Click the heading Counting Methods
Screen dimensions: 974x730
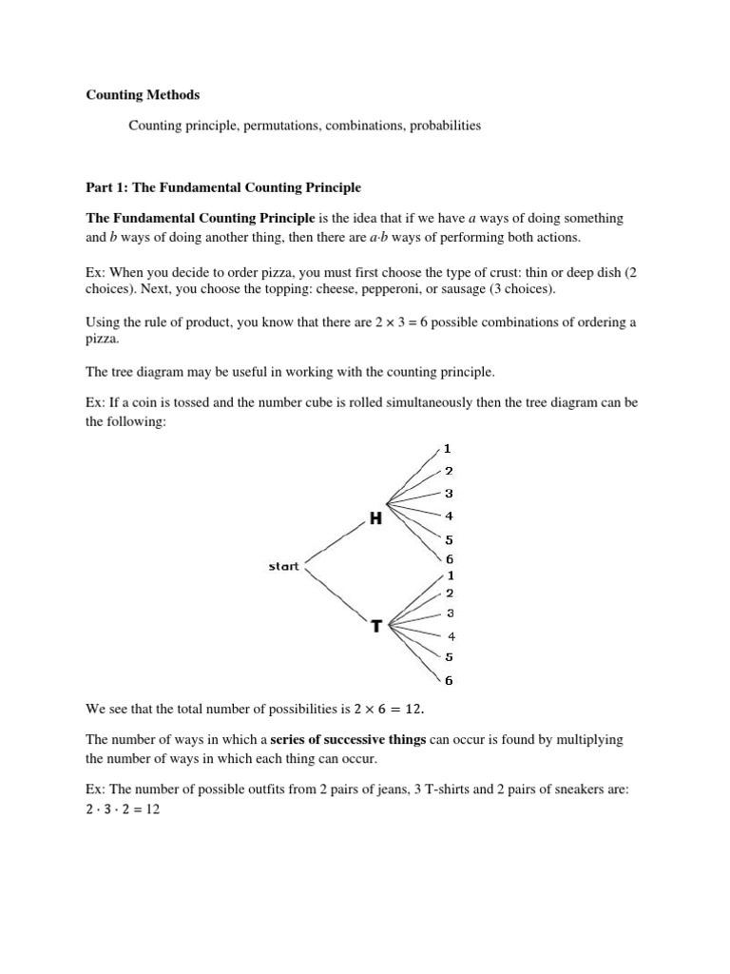[144, 95]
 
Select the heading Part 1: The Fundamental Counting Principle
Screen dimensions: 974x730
[223, 187]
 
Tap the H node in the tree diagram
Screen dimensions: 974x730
[375, 517]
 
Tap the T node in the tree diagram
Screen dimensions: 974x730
[376, 626]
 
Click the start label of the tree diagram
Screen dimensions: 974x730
[283, 566]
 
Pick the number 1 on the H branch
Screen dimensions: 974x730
[448, 448]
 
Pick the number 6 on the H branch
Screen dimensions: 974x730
[450, 559]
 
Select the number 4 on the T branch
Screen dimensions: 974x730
[451, 635]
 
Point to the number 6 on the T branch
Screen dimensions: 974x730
[450, 679]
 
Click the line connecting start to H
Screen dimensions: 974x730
[333, 542]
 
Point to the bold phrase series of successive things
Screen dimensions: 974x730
[348, 739]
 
